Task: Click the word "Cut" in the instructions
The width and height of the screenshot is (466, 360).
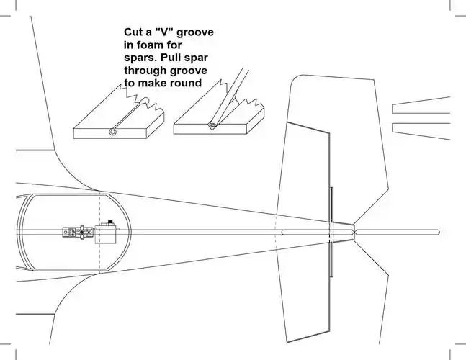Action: [133, 33]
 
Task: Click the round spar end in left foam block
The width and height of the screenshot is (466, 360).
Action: [113, 132]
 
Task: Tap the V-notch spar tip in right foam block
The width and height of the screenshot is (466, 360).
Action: [212, 125]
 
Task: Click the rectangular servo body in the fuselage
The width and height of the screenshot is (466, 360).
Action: [107, 232]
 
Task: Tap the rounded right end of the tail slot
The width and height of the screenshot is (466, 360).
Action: [437, 232]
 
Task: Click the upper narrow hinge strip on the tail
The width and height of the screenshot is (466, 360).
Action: [331, 204]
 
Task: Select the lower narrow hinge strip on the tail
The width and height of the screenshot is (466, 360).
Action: [331, 258]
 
